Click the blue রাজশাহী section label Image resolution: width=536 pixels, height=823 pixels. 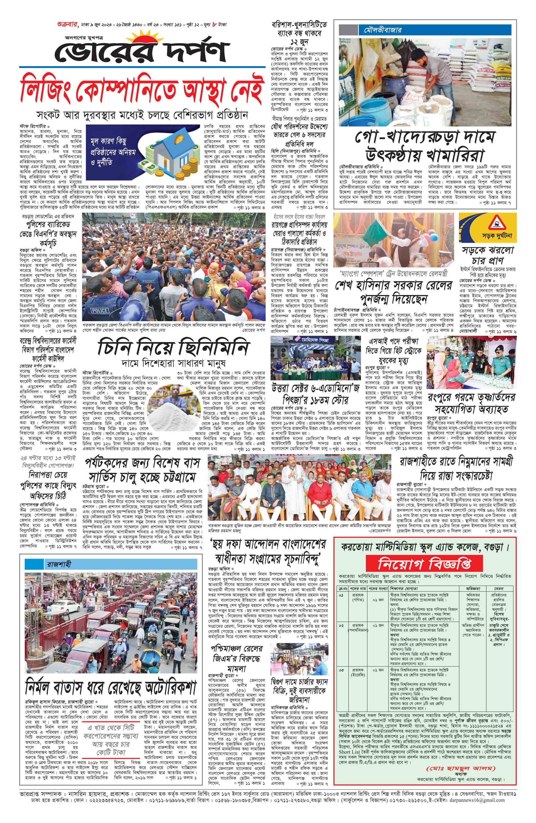(x=59, y=564)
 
